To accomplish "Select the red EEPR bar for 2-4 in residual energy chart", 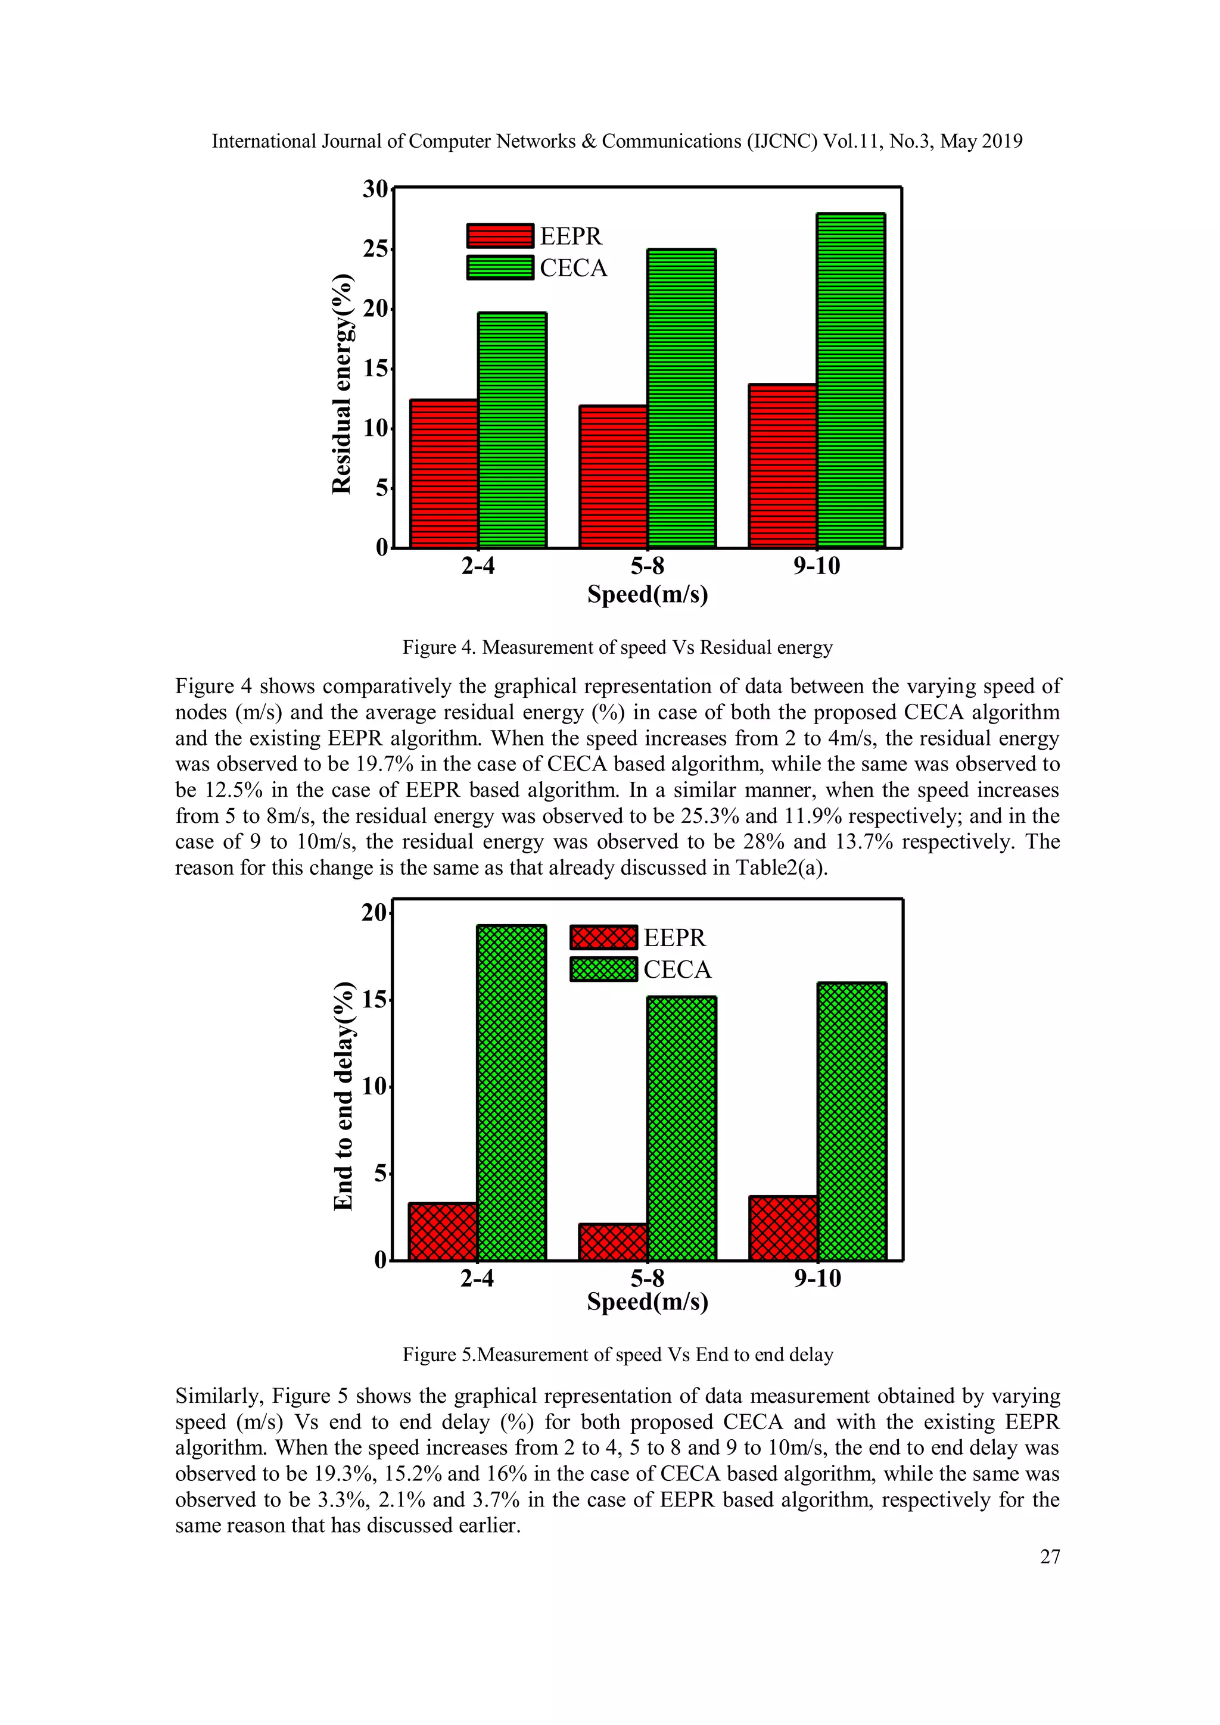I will click(x=443, y=473).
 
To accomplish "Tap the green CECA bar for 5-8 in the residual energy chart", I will click(x=681, y=398).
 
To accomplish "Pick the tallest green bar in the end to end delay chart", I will click(x=511, y=1093).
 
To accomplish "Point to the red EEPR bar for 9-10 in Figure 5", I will click(x=783, y=1228).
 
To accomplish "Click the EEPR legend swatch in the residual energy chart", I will click(x=500, y=236).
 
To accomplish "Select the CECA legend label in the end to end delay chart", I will click(x=677, y=970).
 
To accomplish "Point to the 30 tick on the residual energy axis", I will click(x=375, y=189).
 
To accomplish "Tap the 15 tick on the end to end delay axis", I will click(x=374, y=1000).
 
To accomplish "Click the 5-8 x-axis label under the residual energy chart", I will click(x=647, y=566).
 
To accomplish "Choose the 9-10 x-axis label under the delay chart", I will click(x=817, y=1279).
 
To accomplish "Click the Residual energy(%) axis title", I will click(x=342, y=384).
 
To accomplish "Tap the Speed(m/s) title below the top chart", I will click(x=647, y=594).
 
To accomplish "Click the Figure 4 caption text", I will click(x=617, y=648).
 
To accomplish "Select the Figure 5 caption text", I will click(x=617, y=1355).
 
